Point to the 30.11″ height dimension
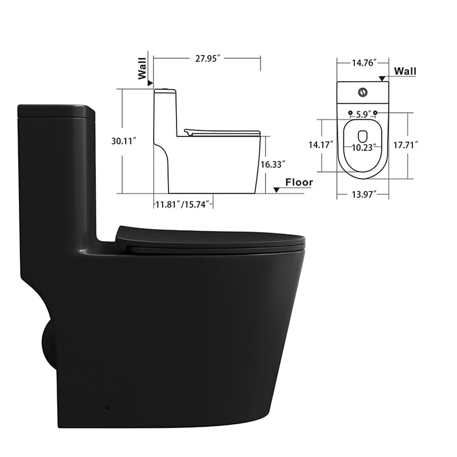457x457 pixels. coord(125,141)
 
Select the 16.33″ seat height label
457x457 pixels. coord(273,164)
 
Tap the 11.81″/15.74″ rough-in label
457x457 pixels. coord(184,203)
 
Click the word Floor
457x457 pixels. coord(299,182)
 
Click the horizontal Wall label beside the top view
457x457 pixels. coord(406,71)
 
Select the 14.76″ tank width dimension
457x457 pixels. coord(363,63)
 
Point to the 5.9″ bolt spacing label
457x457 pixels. coord(363,114)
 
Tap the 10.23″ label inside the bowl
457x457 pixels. coord(363,147)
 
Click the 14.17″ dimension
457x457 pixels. coord(320,145)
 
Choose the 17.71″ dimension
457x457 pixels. coord(406,145)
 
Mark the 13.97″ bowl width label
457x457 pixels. coord(363,195)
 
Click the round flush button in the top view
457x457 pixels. coord(363,91)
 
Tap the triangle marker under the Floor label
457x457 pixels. coord(276,190)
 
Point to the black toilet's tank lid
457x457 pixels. coord(56,110)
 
